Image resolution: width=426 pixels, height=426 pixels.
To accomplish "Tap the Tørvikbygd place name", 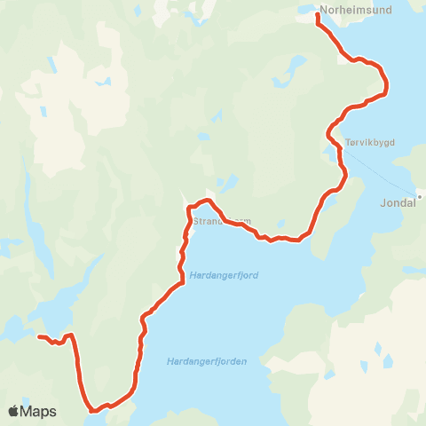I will pos(365,141).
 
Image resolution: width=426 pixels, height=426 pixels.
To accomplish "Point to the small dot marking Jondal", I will pos(420,196).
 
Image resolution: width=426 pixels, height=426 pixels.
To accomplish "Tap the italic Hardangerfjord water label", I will pos(224,275).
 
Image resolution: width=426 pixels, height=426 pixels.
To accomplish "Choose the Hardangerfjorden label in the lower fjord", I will pos(206,361).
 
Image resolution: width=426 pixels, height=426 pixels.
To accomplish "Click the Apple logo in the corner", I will pos(14,411).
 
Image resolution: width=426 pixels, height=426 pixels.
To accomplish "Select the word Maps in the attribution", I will pos(38,411).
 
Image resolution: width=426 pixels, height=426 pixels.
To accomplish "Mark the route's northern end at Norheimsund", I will pos(317,15).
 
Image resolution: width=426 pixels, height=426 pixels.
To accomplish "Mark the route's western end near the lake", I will pos(38,336).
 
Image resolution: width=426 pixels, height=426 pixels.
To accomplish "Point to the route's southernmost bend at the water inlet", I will pos(93,410).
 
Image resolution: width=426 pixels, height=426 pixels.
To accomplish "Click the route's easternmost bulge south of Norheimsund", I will pos(387,86).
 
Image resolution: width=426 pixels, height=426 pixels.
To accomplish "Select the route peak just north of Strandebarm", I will pos(206,201).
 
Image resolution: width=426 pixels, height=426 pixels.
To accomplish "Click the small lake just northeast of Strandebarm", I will pos(230,183).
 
